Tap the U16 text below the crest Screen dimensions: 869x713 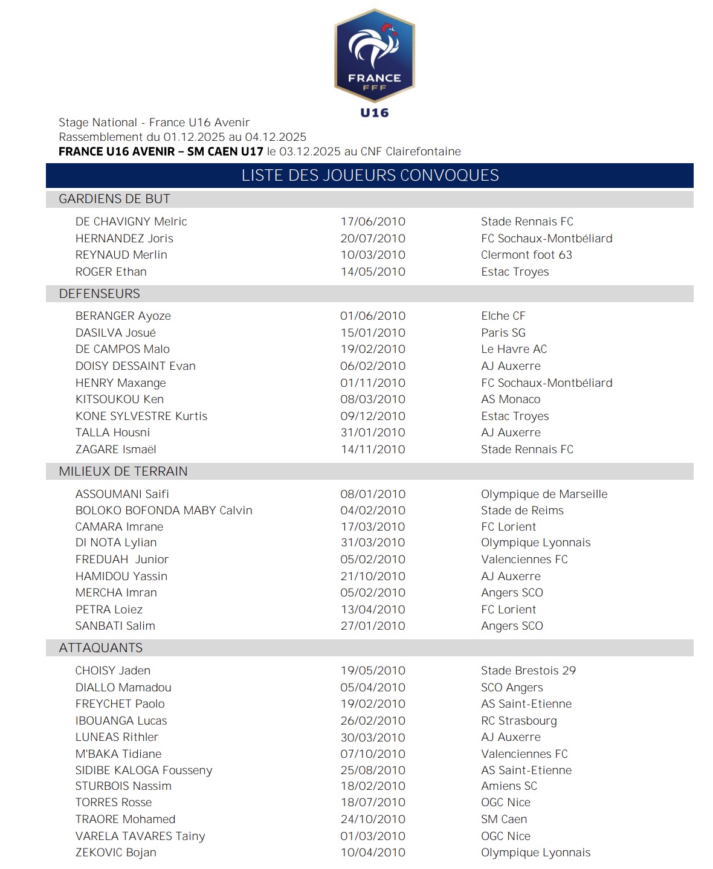pyautogui.click(x=375, y=112)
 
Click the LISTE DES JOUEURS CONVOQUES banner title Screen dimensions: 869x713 pyautogui.click(x=370, y=175)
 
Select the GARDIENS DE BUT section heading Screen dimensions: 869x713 pyautogui.click(x=114, y=199)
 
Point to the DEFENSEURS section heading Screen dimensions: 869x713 pyautogui.click(x=99, y=294)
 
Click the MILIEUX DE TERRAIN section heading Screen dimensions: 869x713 pyautogui.click(x=123, y=471)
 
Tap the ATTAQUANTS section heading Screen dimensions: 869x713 pyautogui.click(x=100, y=648)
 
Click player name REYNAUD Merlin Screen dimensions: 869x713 pyautogui.click(x=121, y=255)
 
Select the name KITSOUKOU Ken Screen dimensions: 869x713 pyautogui.click(x=119, y=399)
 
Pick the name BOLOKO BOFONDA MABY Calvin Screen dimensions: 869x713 pyautogui.click(x=164, y=511)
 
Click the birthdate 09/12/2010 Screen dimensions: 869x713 pyautogui.click(x=372, y=416)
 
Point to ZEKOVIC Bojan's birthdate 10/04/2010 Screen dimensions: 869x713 pyautogui.click(x=372, y=853)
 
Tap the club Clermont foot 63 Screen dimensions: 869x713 pyautogui.click(x=526, y=255)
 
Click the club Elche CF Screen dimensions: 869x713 pyautogui.click(x=503, y=316)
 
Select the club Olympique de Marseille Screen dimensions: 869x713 pyautogui.click(x=544, y=494)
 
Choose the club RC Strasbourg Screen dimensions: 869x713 pyautogui.click(x=518, y=721)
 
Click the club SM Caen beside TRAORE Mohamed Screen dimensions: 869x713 pyautogui.click(x=503, y=819)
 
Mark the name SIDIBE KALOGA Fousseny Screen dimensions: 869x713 pyautogui.click(x=143, y=770)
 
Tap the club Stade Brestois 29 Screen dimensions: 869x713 pyautogui.click(x=528, y=671)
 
